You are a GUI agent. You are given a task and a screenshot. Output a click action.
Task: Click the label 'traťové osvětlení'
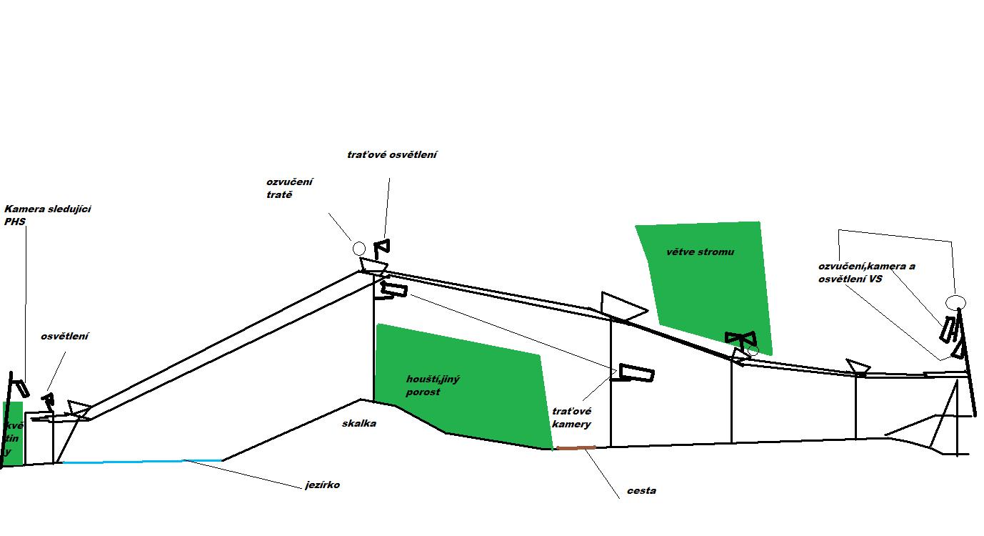tap(391, 154)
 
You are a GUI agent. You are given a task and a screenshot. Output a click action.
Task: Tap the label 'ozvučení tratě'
tap(288, 188)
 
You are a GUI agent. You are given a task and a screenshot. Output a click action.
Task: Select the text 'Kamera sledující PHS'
tap(47, 215)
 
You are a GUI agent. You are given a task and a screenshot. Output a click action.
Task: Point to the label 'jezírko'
tap(323, 485)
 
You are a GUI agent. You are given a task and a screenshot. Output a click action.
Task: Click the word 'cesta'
tap(641, 491)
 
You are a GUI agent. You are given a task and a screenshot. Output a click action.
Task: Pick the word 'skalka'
tap(359, 423)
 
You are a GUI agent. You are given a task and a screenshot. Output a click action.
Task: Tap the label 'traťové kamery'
tap(571, 418)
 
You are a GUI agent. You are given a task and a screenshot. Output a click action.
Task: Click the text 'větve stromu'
tap(700, 252)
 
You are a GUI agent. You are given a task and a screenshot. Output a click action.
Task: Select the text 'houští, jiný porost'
tap(432, 385)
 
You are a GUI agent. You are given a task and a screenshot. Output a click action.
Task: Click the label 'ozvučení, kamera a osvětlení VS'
tap(866, 272)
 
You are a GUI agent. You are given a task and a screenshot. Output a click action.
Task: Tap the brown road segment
tap(576, 448)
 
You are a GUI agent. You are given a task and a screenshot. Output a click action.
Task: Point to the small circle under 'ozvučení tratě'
tap(359, 248)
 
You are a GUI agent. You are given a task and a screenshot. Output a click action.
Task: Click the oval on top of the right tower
tap(955, 302)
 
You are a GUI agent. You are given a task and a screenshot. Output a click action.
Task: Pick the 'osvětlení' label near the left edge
tap(65, 336)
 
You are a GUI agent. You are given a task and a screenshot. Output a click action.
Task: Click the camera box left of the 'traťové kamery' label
tap(636, 373)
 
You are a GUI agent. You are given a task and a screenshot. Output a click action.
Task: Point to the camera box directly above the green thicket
tap(395, 290)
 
